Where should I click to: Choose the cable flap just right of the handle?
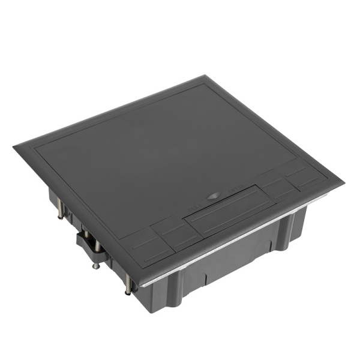(280, 188)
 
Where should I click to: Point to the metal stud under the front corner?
(128, 286)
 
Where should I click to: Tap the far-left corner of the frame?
(14, 146)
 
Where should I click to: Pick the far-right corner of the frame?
(343, 181)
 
